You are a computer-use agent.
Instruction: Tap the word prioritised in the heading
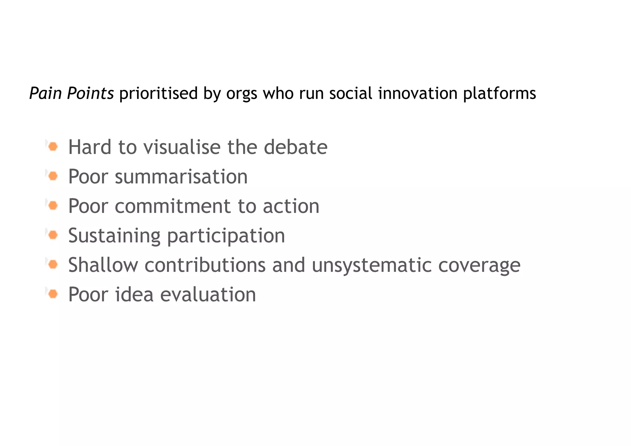click(158, 93)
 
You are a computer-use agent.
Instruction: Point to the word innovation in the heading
click(418, 93)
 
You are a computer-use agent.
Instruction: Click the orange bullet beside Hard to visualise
click(53, 146)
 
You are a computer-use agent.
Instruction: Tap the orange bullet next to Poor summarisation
click(53, 176)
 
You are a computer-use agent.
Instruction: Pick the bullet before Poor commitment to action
click(53, 206)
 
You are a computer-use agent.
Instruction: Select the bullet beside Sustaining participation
click(53, 235)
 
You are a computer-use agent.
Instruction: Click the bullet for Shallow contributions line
click(53, 264)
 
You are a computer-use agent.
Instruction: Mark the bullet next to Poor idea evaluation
click(53, 294)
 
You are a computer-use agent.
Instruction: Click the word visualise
click(182, 147)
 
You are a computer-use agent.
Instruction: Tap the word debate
click(295, 147)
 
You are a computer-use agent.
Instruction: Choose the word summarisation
click(181, 177)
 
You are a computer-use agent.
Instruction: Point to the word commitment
click(173, 206)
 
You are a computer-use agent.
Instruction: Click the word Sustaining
click(114, 236)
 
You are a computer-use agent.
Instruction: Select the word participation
click(226, 236)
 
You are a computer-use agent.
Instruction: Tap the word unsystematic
click(372, 265)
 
